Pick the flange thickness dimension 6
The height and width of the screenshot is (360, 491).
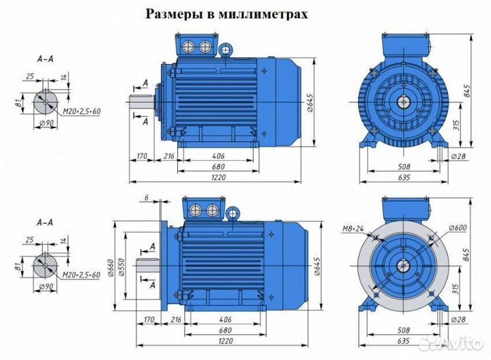[x=146, y=197]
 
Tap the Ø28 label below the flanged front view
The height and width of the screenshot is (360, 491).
[x=459, y=319]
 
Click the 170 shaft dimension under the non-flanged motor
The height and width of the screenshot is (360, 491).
[x=142, y=157]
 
